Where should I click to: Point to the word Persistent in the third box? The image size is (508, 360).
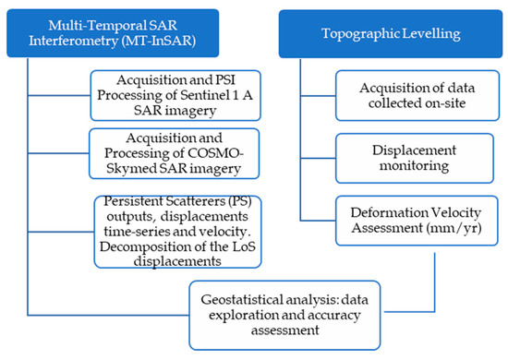click(x=130, y=198)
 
